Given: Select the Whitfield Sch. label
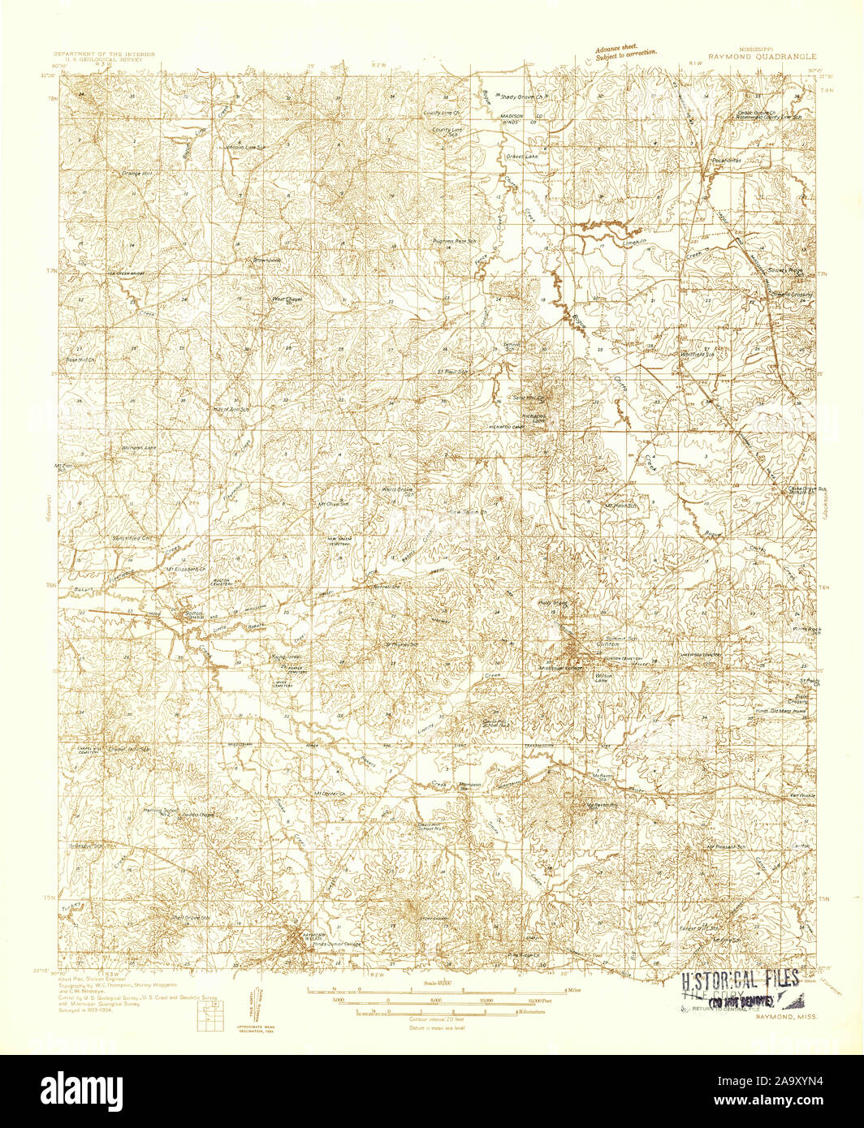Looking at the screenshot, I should point(697,355).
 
